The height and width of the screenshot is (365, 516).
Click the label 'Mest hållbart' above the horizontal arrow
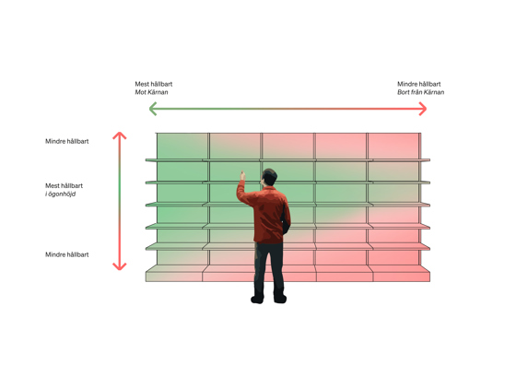pos(154,84)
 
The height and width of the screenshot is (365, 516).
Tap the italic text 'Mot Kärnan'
pos(151,92)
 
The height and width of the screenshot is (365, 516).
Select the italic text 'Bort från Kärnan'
pos(420,92)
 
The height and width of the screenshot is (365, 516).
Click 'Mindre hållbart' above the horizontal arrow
pos(419,84)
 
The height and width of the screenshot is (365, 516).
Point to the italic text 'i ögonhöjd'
pos(60,194)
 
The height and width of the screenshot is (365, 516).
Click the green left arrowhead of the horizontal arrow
pos(152,109)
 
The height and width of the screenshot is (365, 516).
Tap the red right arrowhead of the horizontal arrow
pos(423,109)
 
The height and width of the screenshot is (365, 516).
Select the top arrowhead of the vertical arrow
pos(120,135)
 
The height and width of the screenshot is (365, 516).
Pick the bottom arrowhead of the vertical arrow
pos(120,266)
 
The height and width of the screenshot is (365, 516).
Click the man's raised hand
pos(243,175)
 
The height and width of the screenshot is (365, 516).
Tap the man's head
pos(269,177)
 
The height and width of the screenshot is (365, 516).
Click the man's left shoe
pos(257,300)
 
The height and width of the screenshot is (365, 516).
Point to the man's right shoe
pos(280,300)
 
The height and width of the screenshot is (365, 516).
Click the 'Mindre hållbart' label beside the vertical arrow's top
pos(66,141)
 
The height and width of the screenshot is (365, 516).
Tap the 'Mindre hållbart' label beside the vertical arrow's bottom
pos(66,254)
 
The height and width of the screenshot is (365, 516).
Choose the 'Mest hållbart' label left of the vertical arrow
pos(64,185)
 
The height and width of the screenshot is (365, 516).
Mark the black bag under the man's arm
pos(285,221)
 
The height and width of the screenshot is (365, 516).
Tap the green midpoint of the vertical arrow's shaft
pos(120,201)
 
